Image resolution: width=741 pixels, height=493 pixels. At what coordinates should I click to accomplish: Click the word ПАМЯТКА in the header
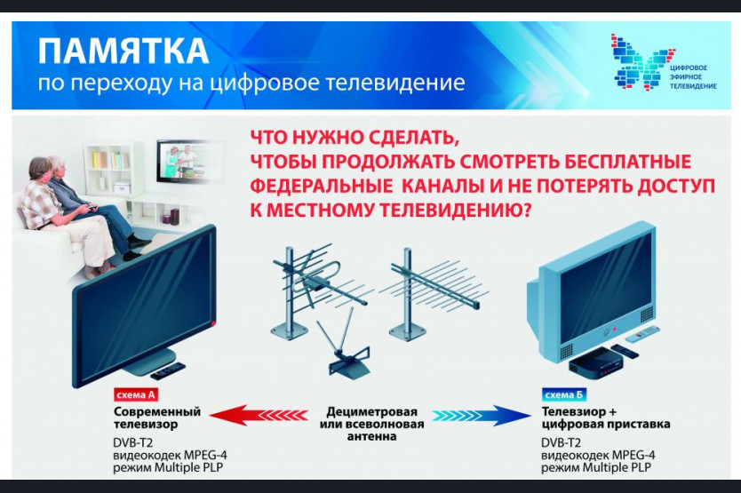click(123, 51)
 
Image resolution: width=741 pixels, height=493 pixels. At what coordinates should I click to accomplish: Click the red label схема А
click(135, 394)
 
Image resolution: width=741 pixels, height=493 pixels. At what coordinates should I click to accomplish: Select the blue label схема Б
click(563, 394)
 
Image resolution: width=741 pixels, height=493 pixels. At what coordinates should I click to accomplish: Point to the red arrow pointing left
click(258, 416)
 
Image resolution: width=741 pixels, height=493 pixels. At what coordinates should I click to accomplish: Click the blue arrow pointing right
click(482, 416)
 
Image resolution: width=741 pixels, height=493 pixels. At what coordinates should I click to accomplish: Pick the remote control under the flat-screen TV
click(168, 370)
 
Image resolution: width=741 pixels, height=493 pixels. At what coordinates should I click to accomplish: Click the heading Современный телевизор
click(157, 417)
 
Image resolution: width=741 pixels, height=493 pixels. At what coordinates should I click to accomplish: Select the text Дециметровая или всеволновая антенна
click(372, 424)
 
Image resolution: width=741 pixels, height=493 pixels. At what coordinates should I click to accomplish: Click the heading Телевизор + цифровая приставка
click(605, 417)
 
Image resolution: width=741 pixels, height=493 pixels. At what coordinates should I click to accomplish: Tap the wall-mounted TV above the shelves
click(187, 161)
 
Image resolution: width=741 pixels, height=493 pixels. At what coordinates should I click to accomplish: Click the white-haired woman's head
click(57, 166)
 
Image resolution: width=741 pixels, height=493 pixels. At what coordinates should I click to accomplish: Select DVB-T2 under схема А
click(132, 443)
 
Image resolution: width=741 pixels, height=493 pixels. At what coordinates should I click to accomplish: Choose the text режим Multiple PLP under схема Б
click(596, 467)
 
